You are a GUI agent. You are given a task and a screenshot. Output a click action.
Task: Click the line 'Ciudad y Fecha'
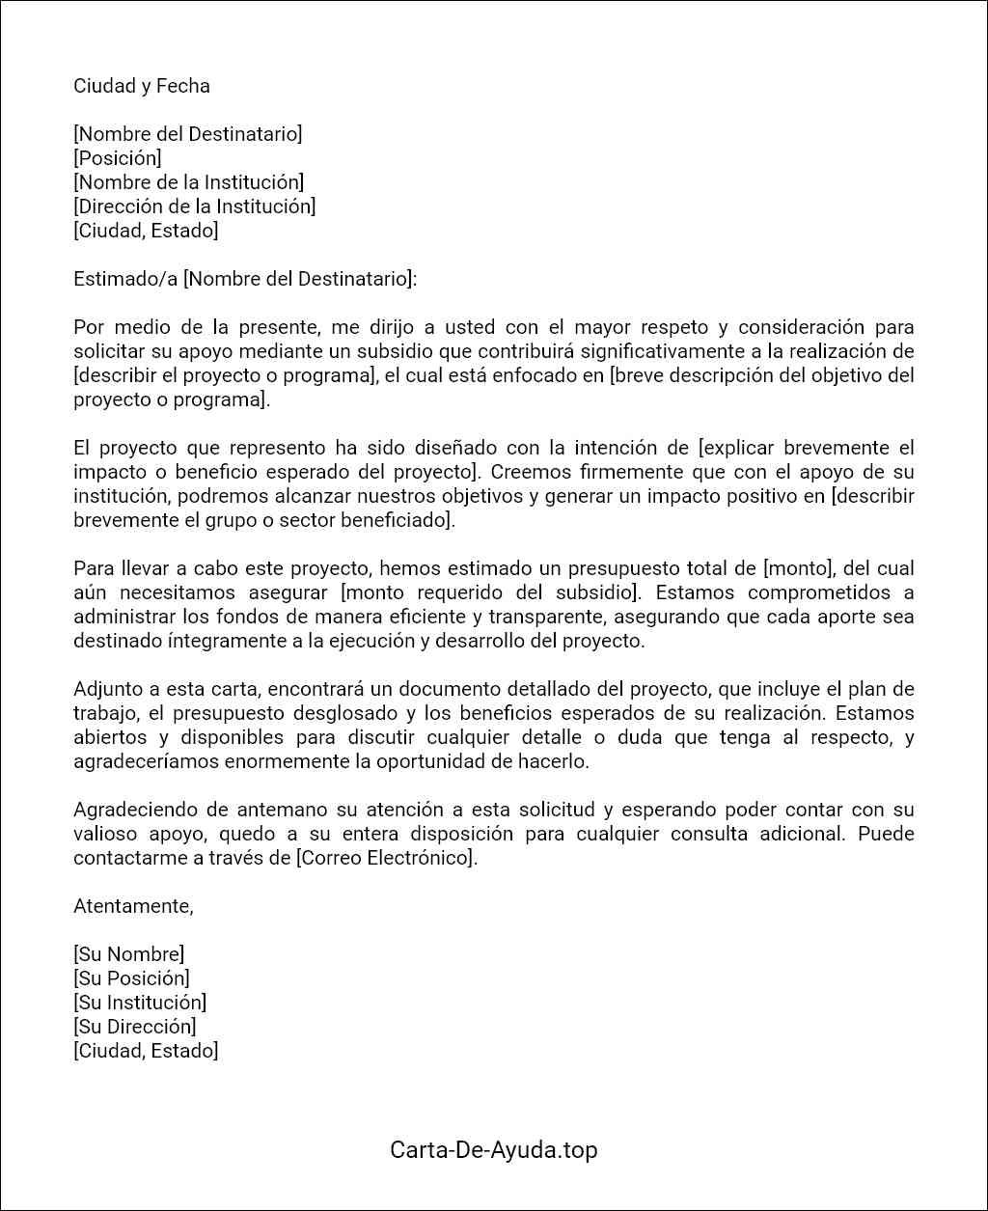click(141, 86)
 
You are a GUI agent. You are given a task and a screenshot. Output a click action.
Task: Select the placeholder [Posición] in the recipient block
click(117, 158)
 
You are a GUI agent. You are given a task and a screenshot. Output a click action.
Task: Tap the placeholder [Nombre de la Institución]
click(188, 182)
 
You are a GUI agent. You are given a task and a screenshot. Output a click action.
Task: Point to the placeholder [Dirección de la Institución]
click(194, 206)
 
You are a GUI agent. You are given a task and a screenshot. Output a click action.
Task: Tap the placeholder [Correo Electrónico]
click(385, 858)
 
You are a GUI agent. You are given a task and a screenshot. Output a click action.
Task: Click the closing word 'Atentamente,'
click(133, 906)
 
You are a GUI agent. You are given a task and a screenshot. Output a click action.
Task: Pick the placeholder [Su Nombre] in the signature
click(128, 954)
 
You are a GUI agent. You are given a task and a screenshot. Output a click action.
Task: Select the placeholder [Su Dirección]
click(134, 1027)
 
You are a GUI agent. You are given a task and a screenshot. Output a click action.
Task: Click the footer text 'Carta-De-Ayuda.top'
click(493, 1150)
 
